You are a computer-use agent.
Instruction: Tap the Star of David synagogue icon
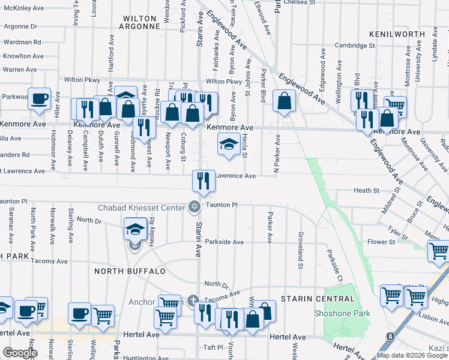pos(194,207)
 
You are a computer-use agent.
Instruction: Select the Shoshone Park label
pos(342,313)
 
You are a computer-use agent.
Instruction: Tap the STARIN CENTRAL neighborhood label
pos(321,299)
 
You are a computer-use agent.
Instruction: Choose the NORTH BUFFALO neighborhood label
pos(130,271)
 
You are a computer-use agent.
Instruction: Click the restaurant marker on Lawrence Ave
pos(203,180)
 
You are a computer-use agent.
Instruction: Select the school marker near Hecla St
pos(229,145)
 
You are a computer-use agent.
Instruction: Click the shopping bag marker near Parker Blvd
pos(283,101)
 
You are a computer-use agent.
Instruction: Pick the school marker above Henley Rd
pos(135,230)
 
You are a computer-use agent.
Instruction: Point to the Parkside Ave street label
pos(224,242)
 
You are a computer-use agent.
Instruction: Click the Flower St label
pos(381,242)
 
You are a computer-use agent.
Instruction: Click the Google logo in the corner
pos(20,353)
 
